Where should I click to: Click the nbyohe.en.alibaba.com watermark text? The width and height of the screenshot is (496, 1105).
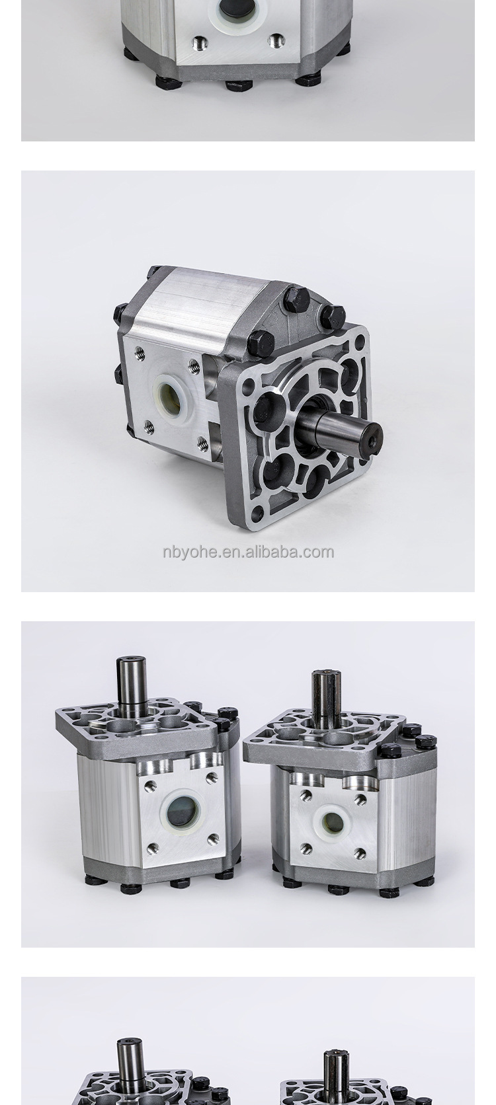pyautogui.click(x=248, y=552)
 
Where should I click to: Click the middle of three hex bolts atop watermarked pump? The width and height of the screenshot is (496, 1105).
pyautogui.click(x=296, y=300)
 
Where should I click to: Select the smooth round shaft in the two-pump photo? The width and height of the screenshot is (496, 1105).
pyautogui.click(x=132, y=681)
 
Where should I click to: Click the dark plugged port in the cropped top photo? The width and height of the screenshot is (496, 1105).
pyautogui.click(x=237, y=9)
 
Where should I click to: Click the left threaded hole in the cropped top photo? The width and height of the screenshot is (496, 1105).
pyautogui.click(x=199, y=44)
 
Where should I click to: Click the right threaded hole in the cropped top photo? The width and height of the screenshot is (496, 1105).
pyautogui.click(x=276, y=41)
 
